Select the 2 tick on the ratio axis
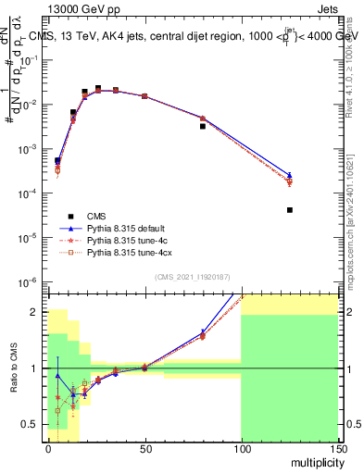coord(37,312)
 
